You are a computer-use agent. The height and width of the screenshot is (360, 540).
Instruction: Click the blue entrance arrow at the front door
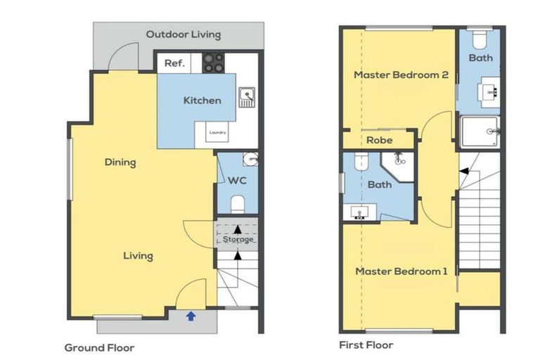tap(191, 316)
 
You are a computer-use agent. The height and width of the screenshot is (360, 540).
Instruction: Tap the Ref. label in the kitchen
tap(174, 63)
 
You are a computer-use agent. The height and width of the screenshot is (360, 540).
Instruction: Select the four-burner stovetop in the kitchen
tap(213, 63)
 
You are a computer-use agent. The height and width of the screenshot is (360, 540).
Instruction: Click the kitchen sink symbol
tap(247, 97)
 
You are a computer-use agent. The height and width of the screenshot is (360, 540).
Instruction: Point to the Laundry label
tap(218, 132)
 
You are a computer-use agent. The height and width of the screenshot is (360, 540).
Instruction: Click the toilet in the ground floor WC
tap(238, 205)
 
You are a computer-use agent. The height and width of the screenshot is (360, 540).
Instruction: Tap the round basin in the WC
tap(251, 159)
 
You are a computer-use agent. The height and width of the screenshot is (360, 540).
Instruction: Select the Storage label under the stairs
tap(238, 239)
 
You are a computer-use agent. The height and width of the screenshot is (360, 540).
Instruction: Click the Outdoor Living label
tap(184, 34)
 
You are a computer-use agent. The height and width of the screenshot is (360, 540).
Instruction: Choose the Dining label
tap(120, 162)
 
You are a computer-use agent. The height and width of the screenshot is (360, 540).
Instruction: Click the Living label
tap(138, 256)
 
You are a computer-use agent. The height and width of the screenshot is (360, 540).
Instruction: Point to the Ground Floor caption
tap(99, 348)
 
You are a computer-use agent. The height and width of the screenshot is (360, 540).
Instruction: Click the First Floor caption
tap(366, 345)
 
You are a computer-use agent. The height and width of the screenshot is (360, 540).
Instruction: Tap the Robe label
tap(380, 140)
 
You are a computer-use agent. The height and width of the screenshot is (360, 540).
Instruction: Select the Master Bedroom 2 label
tap(401, 75)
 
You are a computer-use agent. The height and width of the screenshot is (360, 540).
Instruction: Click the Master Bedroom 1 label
tap(401, 271)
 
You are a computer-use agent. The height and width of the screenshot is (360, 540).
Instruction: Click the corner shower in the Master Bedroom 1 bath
tap(399, 166)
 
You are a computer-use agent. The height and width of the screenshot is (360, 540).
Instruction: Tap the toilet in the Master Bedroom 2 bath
tap(479, 40)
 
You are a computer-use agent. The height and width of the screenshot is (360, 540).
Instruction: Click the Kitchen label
tap(202, 101)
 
